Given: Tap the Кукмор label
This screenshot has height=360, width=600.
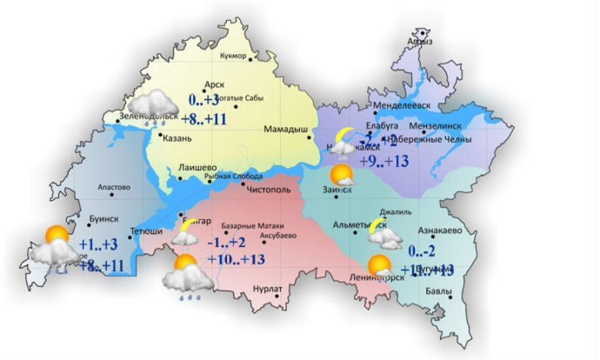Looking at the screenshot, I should (x=230, y=59).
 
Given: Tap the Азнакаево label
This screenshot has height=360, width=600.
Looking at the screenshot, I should (x=438, y=230).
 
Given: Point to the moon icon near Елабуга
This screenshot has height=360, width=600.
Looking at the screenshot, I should (x=345, y=136).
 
